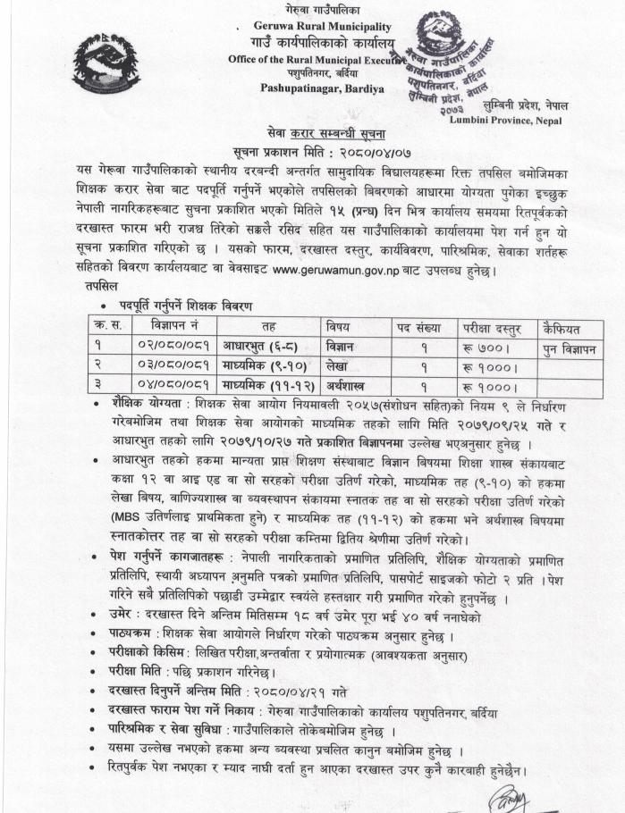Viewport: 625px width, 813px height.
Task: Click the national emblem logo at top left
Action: tap(106, 63)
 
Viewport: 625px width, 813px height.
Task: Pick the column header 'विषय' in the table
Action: tap(339, 326)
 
